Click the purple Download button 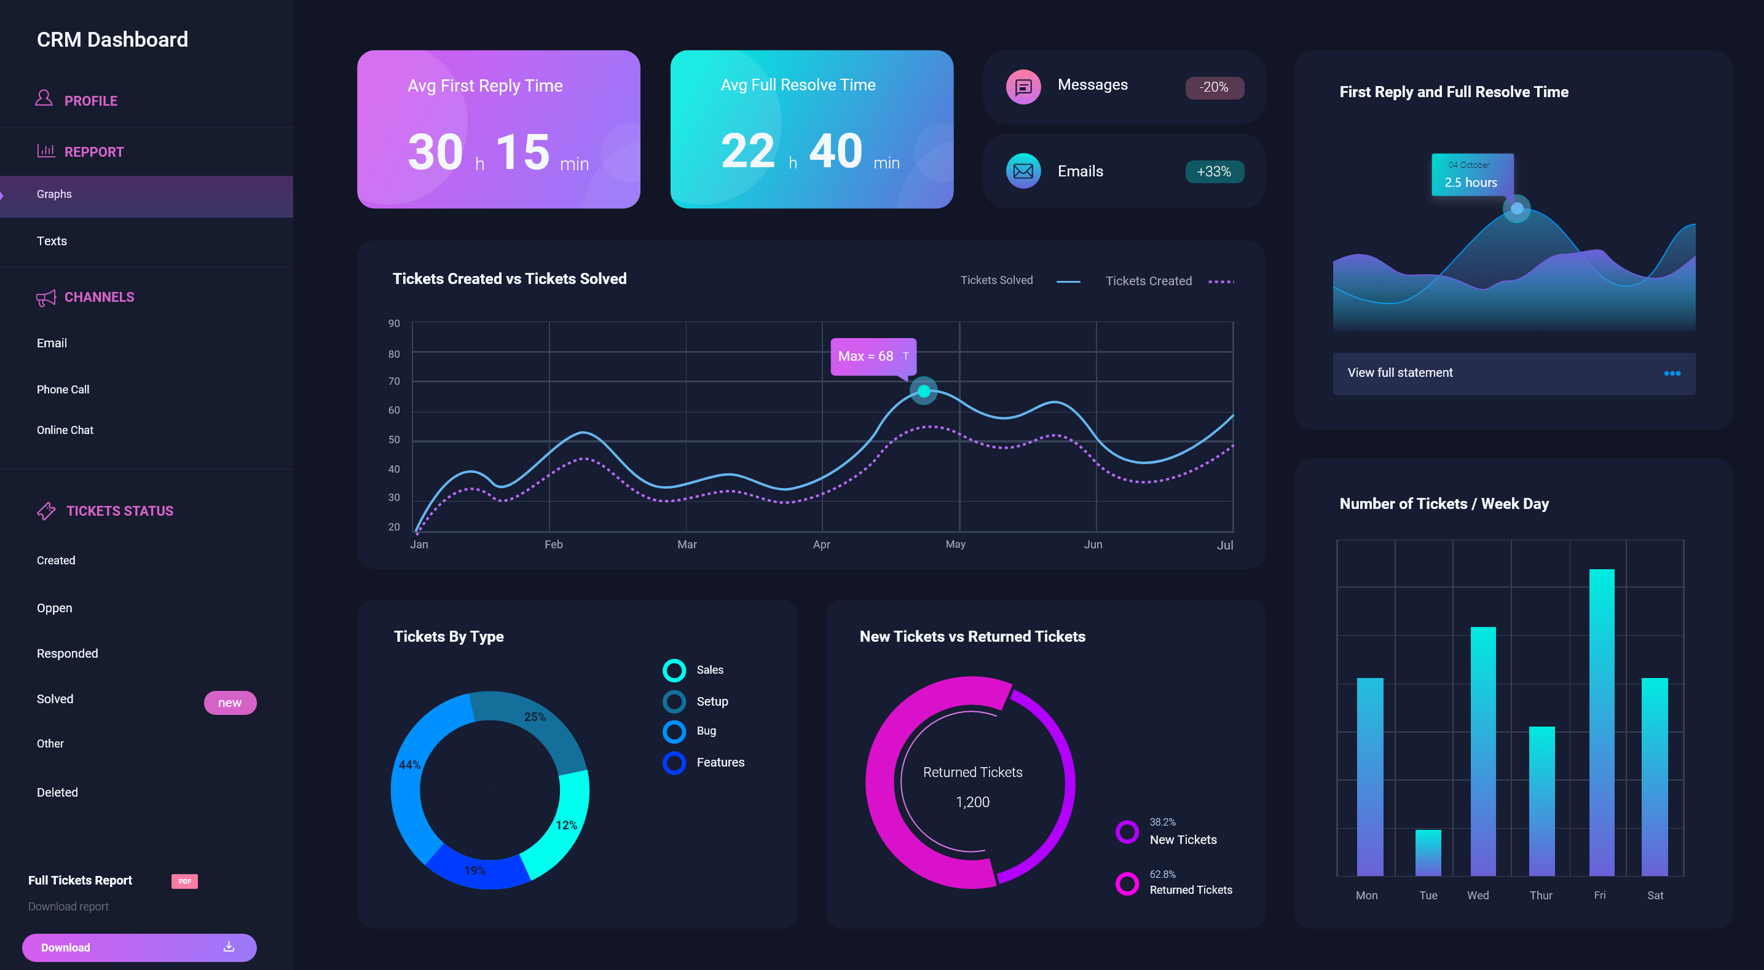(139, 947)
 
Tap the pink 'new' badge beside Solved (230, 703)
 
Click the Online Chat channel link (65, 430)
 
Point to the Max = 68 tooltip (872, 356)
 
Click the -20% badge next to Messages (1214, 88)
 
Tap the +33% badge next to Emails (1214, 172)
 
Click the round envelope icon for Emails (1023, 172)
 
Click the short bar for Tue (1428, 852)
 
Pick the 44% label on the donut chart (409, 765)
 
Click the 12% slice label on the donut (566, 826)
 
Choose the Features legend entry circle (674, 762)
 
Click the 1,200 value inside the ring (972, 802)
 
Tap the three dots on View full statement (1672, 373)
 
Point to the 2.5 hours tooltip (1471, 175)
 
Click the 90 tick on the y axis (394, 323)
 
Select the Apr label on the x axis (821, 545)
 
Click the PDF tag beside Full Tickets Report (184, 881)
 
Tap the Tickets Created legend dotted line (1221, 282)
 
